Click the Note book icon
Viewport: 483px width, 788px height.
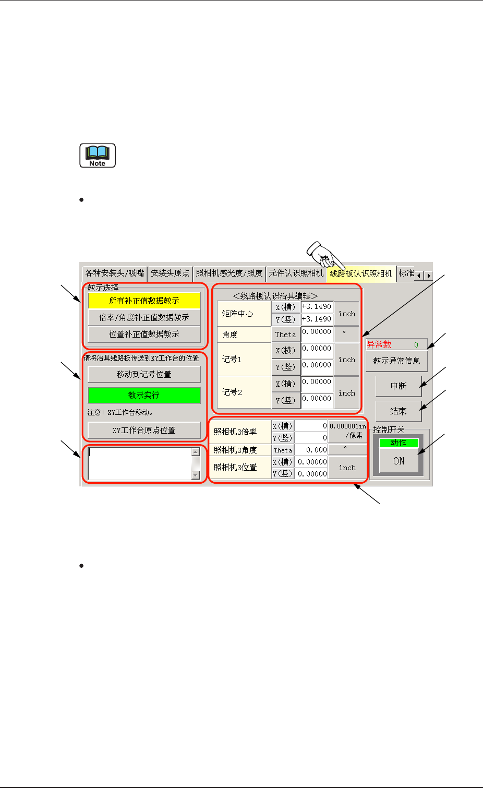point(98,156)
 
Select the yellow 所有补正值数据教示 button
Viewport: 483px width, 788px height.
point(144,301)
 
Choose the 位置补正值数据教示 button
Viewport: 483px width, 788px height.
point(144,334)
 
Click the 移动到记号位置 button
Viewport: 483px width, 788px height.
point(144,374)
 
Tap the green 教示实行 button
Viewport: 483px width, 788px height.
point(144,395)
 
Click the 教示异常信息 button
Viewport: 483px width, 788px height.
point(396,361)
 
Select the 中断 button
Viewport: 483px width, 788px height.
point(399,386)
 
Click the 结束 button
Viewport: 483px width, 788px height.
point(399,411)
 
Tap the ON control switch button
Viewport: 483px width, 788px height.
point(399,461)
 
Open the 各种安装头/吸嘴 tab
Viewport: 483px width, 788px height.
point(115,273)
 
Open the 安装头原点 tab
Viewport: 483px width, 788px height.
point(170,273)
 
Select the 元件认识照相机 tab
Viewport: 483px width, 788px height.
point(296,273)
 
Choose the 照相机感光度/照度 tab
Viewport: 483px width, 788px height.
point(229,273)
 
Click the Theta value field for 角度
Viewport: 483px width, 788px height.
point(317,334)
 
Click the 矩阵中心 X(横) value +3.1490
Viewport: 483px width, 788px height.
point(317,307)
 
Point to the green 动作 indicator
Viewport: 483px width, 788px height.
point(399,443)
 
